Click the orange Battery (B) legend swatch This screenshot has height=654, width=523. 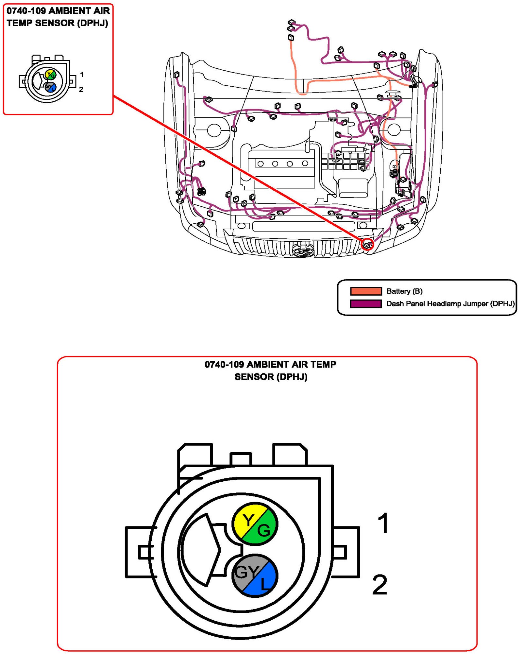pos(366,291)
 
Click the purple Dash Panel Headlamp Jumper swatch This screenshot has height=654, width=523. pos(366,304)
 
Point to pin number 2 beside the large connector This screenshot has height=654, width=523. pos(380,585)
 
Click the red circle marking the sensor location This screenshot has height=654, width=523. pos(367,244)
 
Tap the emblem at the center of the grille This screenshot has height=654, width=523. pos(303,252)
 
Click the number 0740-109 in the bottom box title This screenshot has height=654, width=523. pos(224,365)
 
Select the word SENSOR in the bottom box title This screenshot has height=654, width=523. pos(254,377)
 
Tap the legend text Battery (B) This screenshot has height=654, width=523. pos(404,291)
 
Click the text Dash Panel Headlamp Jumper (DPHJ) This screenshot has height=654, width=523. pos(450,304)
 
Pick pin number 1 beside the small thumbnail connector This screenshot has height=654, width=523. pos(82,75)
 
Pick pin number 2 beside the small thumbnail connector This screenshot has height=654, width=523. pos(81,89)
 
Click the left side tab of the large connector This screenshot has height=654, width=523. pos(139,552)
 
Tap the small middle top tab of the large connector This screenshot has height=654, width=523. pos(241,459)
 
